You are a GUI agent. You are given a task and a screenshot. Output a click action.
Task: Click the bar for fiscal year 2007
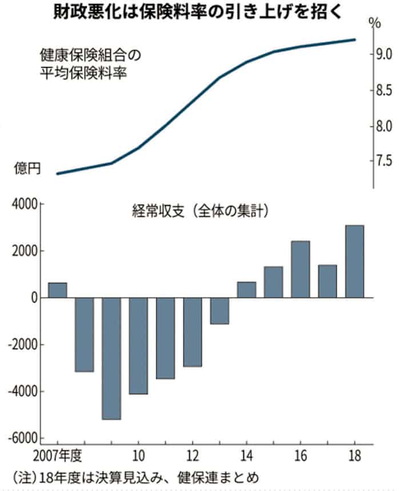click(57, 290)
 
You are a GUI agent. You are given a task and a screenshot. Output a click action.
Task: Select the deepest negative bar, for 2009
click(111, 358)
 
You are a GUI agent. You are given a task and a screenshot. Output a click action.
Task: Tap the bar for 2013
click(220, 311)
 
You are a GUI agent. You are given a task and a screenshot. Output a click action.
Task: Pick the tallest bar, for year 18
click(354, 261)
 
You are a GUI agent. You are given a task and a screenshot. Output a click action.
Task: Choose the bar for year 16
click(301, 269)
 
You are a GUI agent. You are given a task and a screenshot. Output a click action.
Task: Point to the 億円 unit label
click(27, 169)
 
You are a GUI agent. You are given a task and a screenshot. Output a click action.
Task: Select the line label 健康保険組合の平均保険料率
click(89, 65)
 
